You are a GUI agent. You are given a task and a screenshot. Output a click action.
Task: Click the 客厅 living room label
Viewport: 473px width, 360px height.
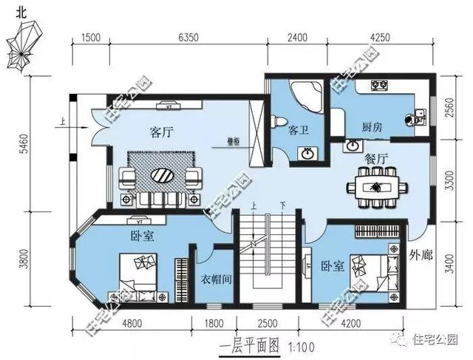tap(161, 132)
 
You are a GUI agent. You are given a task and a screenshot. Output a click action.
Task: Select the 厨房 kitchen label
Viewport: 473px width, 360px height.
tap(372, 127)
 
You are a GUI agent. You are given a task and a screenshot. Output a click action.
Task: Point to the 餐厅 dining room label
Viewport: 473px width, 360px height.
tap(377, 158)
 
